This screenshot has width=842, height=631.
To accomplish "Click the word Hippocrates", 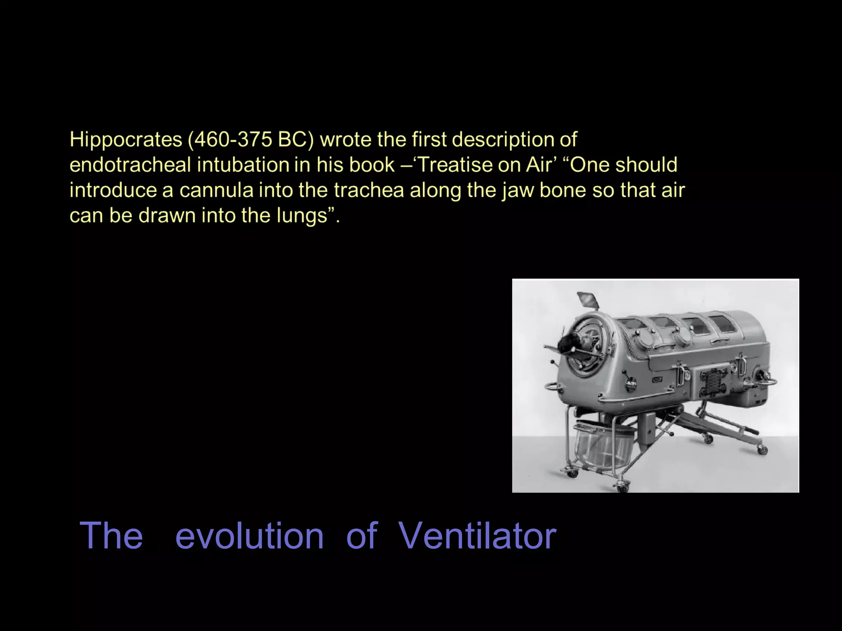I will click(126, 140).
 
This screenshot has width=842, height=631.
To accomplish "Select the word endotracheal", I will click(130, 165).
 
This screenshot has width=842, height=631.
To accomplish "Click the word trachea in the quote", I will click(369, 190).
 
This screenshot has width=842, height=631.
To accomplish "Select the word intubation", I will click(242, 165).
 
